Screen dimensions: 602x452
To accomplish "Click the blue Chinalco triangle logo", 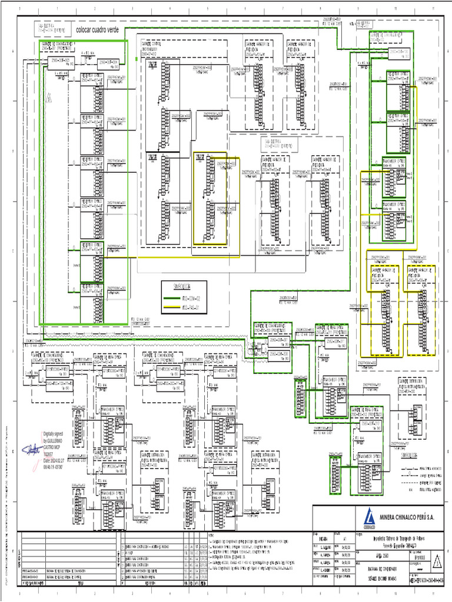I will (368, 516).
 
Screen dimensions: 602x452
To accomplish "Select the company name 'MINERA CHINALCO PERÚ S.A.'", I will (406, 516).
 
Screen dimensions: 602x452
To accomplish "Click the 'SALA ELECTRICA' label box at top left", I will (48, 29).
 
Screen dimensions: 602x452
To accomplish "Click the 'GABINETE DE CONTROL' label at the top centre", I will (155, 45).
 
